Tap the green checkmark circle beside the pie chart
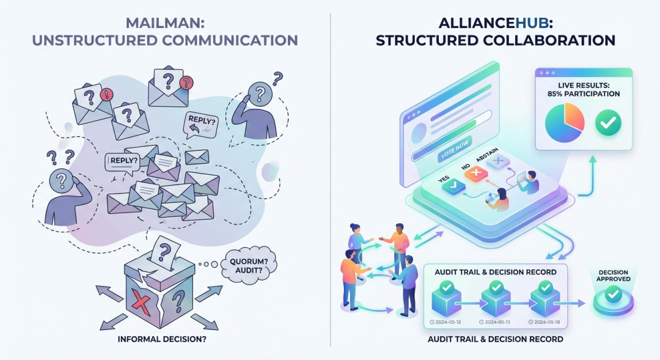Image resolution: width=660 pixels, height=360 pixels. pyautogui.click(x=608, y=123)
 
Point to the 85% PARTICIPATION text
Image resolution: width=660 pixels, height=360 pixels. pyautogui.click(x=584, y=94)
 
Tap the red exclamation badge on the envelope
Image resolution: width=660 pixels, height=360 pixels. pyautogui.click(x=108, y=94)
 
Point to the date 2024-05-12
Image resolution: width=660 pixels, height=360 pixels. pyautogui.click(x=446, y=321)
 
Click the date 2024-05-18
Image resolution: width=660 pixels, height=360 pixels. pyautogui.click(x=546, y=321)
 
